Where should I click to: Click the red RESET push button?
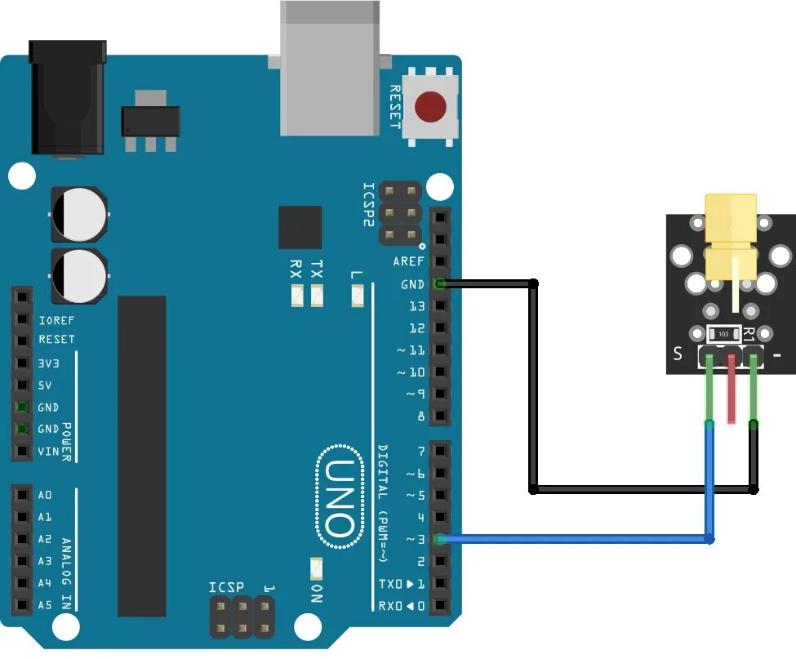[x=430, y=107]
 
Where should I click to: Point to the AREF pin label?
[x=408, y=262]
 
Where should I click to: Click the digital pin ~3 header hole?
[x=440, y=539]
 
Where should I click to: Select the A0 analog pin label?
[x=45, y=495]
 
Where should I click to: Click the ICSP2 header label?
[x=368, y=205]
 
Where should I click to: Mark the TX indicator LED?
[x=317, y=296]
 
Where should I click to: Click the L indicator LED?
[x=357, y=296]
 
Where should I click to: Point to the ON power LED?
[x=317, y=568]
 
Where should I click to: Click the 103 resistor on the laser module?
[x=723, y=334]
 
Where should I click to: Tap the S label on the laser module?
[x=677, y=354]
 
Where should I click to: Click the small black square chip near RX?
[x=300, y=227]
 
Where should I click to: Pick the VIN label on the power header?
[x=48, y=451]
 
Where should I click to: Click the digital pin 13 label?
[x=416, y=306]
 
